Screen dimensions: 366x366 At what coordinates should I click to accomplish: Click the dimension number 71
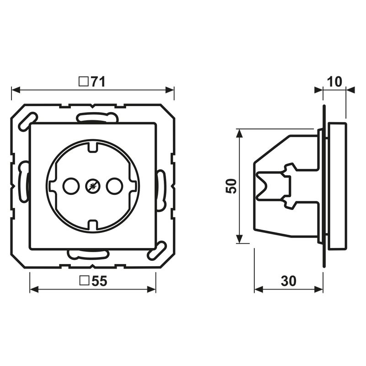tap(97, 82)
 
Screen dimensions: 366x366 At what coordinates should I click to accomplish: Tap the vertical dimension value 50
tap(232, 186)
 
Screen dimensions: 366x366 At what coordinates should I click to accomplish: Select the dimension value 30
tap(288, 282)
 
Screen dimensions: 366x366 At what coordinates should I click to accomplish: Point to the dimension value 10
tap(335, 82)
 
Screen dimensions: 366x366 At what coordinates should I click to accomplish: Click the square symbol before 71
tap(83, 82)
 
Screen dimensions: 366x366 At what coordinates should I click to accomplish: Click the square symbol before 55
tap(84, 282)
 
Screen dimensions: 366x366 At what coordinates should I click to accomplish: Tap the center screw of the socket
tap(92, 186)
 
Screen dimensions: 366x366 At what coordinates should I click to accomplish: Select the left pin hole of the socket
tap(71, 186)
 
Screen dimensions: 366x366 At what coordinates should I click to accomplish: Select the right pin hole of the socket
tap(113, 186)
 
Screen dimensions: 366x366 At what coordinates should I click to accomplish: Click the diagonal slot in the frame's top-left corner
tap(25, 120)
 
